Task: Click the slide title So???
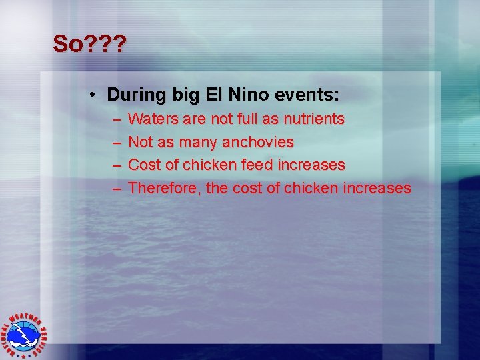coord(89,44)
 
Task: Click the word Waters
coord(151,119)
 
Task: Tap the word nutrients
coord(314,119)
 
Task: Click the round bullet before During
coord(95,95)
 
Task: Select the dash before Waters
coord(117,120)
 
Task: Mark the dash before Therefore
coord(117,189)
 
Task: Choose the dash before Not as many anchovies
coord(117,143)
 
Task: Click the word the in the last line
coord(217,188)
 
